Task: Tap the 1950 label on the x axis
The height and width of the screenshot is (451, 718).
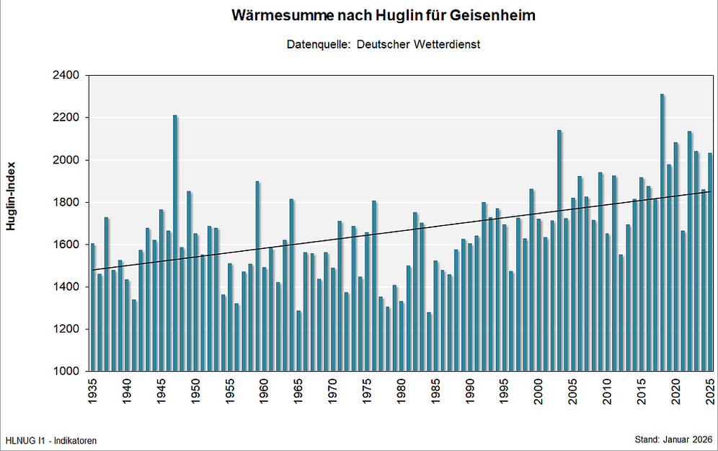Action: tap(195, 395)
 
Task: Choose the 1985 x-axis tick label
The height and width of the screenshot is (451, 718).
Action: tap(435, 395)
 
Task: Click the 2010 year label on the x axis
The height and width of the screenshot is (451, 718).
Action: tap(607, 395)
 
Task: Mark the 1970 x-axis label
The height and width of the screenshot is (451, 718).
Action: tap(333, 395)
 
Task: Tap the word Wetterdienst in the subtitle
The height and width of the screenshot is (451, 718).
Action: tap(446, 44)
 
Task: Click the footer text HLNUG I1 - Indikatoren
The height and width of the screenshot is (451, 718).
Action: tap(50, 440)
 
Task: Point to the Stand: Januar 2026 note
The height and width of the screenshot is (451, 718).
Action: tap(673, 439)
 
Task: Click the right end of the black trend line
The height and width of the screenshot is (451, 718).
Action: tap(711, 191)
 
